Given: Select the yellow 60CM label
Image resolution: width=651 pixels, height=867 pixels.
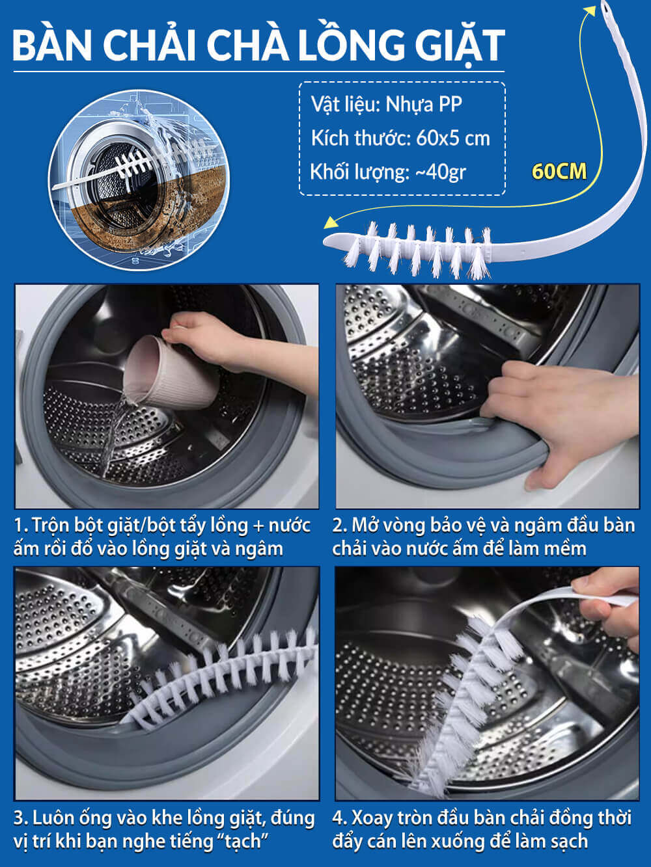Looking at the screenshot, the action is (x=559, y=172).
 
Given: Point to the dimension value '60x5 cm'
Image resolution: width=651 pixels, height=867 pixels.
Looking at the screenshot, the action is (x=453, y=139).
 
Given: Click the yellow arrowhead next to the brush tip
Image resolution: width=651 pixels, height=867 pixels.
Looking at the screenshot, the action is (x=331, y=223).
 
